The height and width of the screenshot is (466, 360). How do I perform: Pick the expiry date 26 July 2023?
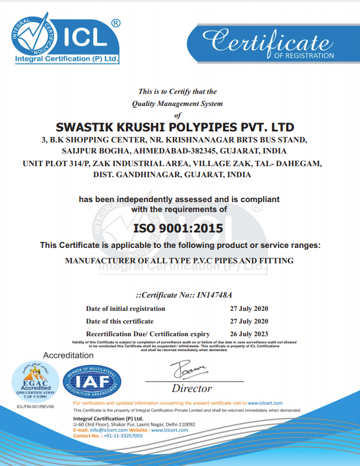pos(249,333)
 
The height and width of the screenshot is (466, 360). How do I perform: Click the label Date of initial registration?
pos(125,309)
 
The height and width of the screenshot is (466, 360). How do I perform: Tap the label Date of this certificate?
pos(120,321)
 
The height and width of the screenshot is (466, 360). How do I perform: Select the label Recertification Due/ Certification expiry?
pos(148,334)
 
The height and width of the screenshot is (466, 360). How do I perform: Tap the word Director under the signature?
pos(192,388)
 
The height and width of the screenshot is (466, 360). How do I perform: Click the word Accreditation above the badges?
pos(68,355)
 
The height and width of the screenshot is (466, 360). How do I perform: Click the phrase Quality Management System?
pos(177,103)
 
